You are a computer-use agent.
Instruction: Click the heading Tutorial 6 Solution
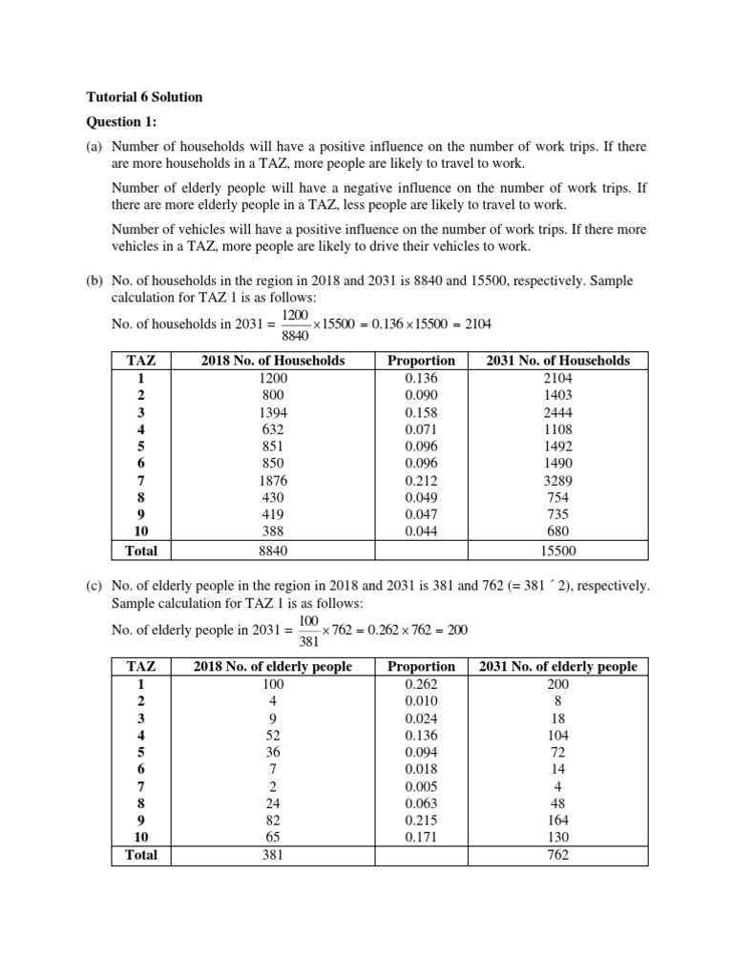(x=145, y=97)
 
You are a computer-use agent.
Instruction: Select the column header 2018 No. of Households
(x=273, y=361)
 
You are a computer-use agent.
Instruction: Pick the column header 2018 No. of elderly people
(x=273, y=666)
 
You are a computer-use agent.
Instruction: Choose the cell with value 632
(x=273, y=429)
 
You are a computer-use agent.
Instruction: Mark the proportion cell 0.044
(x=422, y=532)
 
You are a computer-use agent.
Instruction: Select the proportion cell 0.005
(x=422, y=786)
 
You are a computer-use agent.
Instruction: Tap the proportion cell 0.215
(x=422, y=821)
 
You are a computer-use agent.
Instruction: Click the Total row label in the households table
(x=141, y=551)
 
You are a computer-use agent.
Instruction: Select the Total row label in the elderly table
(x=141, y=855)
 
